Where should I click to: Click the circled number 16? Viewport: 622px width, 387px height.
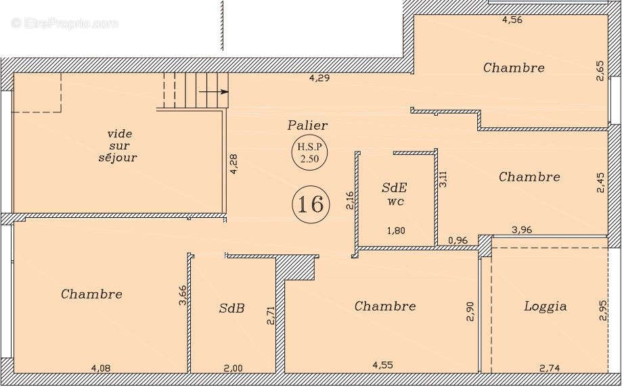click(311, 204)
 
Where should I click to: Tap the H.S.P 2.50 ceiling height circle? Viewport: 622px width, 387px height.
click(309, 153)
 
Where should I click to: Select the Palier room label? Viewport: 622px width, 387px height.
click(308, 125)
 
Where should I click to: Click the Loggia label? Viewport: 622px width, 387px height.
click(546, 306)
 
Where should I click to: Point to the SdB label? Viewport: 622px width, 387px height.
click(231, 308)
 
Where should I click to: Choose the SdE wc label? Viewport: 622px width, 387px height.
click(395, 194)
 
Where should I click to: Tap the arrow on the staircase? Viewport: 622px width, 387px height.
click(214, 91)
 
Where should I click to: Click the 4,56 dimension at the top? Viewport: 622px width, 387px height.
click(512, 20)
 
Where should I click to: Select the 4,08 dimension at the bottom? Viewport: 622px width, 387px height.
click(101, 368)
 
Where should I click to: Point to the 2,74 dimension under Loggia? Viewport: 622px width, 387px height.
click(550, 368)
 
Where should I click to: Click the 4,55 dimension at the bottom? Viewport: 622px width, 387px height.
click(383, 365)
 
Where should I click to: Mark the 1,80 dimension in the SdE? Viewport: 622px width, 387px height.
click(396, 231)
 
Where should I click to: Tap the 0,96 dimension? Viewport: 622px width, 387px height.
click(458, 240)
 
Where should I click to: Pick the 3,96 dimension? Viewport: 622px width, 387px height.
click(522, 229)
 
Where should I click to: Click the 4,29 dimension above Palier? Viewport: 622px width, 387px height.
click(319, 78)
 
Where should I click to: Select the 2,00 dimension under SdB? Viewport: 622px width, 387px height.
click(232, 368)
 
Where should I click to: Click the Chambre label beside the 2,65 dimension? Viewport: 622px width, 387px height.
click(514, 68)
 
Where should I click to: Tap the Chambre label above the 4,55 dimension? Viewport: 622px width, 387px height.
click(385, 306)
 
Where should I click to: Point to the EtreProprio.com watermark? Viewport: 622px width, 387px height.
click(65, 24)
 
